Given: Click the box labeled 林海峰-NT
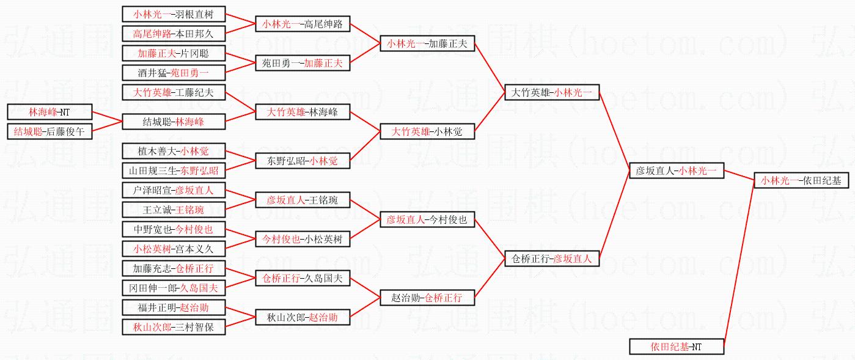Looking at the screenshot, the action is click(50, 112).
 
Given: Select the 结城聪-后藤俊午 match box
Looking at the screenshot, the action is click(50, 131).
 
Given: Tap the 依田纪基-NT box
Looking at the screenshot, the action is click(677, 347).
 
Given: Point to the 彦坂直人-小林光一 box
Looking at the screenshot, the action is click(677, 171).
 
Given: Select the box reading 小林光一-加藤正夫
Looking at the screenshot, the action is click(427, 43).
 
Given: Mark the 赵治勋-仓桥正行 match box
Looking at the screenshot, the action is click(427, 298).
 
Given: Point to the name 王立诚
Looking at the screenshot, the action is click(158, 210).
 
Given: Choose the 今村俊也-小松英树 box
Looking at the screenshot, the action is click(302, 239).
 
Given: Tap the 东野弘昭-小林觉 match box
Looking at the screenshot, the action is click(302, 161).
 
